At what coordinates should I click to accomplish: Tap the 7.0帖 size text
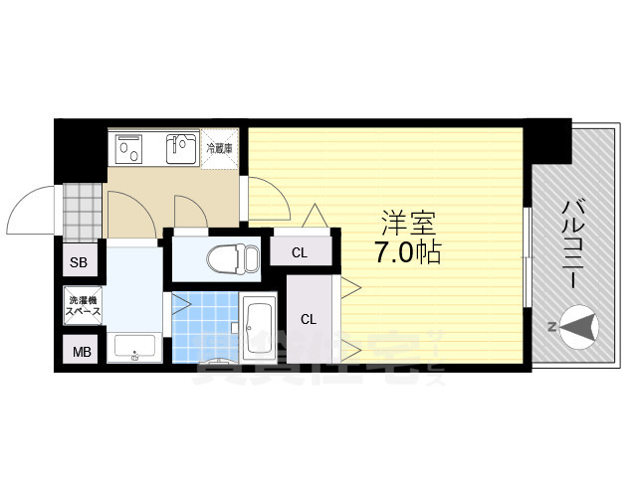coord(408,252)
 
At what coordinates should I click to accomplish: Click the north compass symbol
coord(578,324)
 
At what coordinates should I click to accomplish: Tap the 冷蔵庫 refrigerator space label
coord(219,148)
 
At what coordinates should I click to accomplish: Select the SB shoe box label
coord(78,263)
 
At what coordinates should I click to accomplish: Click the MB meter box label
coord(78,351)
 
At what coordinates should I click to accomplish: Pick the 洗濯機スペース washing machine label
coord(83,306)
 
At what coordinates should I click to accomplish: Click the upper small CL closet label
coord(300,252)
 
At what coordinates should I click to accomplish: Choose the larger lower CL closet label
coord(310,319)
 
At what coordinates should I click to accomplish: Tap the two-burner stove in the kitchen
coord(131,149)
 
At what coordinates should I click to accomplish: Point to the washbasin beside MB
coord(132,349)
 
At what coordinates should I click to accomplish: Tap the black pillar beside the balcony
coord(547,140)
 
